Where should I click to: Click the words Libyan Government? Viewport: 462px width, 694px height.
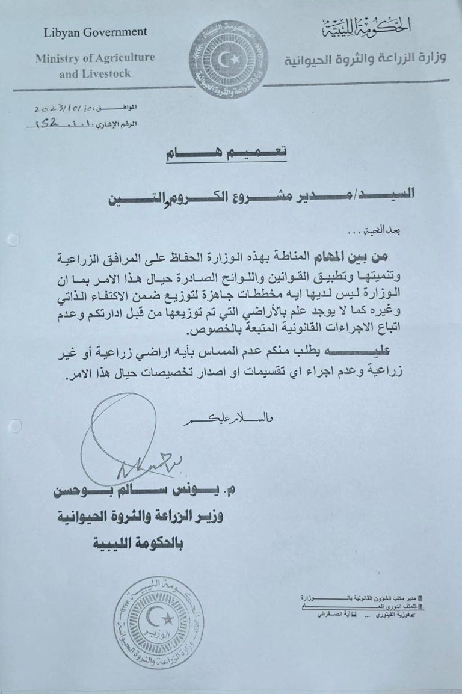(x=95, y=32)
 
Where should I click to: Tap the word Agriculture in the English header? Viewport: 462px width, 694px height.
(x=120, y=58)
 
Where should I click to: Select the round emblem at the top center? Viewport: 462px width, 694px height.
(x=229, y=60)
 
